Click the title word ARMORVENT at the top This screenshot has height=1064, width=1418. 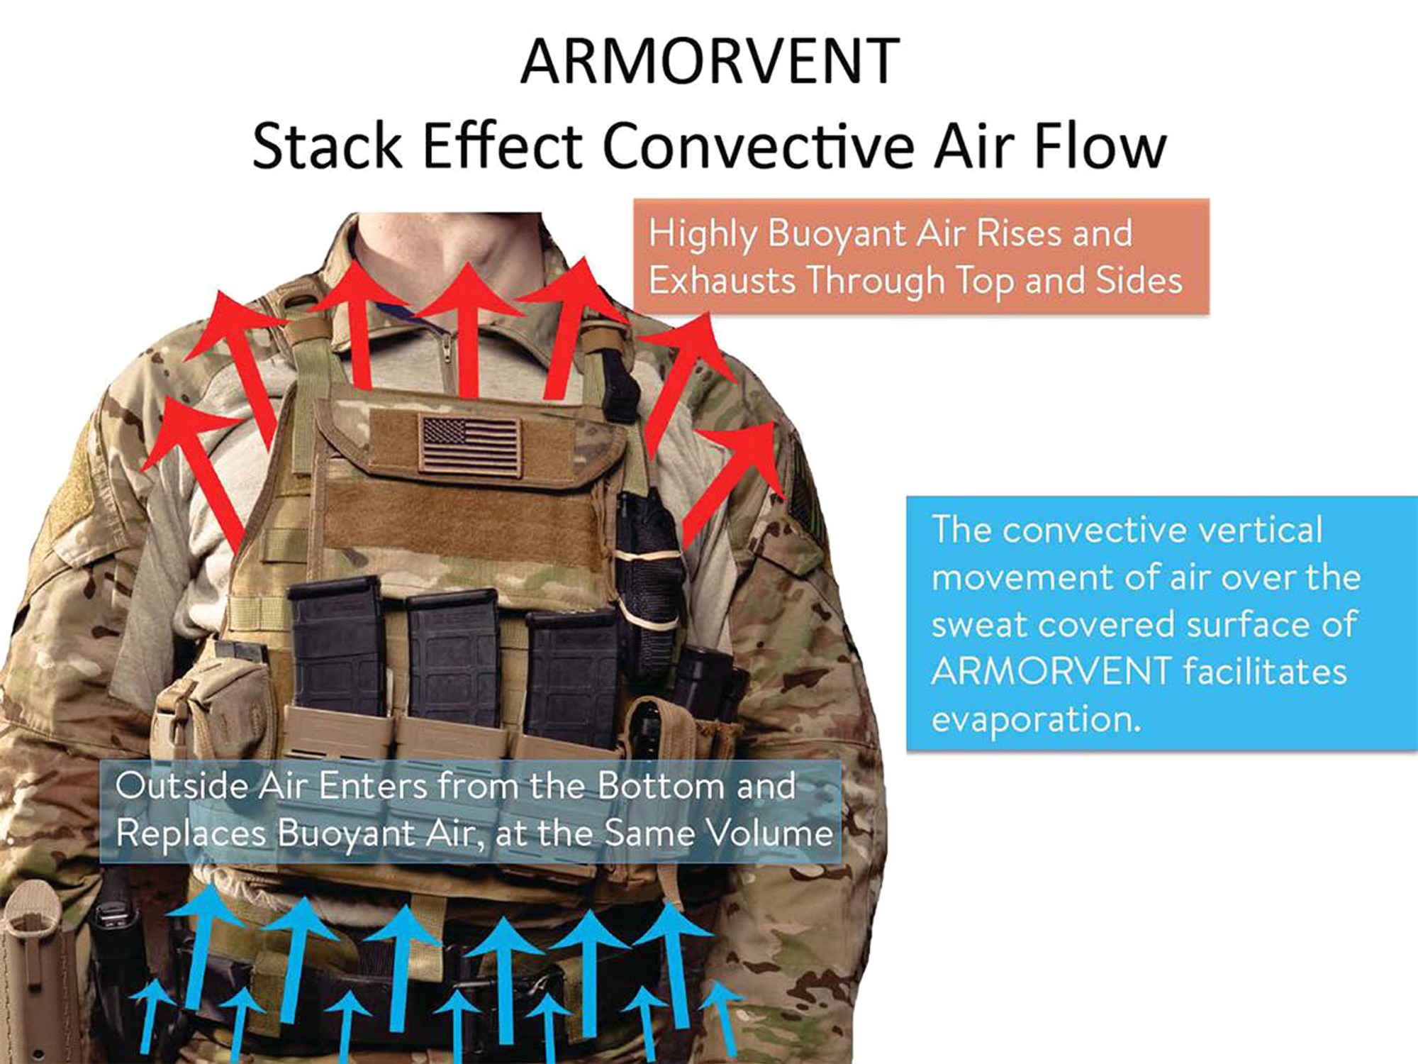click(x=710, y=62)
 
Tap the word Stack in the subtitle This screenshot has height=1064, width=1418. click(x=327, y=146)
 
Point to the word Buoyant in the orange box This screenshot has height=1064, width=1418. click(x=837, y=234)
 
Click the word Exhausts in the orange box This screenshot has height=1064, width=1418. click(x=722, y=281)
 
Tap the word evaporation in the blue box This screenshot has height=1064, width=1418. click(x=1036, y=720)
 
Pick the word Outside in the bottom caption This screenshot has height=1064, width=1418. click(x=182, y=786)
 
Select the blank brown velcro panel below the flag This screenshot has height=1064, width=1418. click(x=461, y=525)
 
